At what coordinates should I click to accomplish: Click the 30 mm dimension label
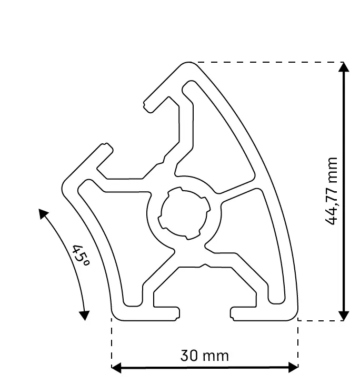205,356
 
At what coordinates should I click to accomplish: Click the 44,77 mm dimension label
332,191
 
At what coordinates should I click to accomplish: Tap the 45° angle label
81,256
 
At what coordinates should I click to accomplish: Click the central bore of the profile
185,213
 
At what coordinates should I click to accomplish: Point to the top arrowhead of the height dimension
344,67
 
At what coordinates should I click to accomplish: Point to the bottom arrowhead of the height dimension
344,316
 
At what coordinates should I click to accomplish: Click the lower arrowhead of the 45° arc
84,316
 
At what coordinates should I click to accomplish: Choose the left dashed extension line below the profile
112,342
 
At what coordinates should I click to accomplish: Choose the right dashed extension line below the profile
298,342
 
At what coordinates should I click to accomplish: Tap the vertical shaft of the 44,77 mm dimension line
344,132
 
